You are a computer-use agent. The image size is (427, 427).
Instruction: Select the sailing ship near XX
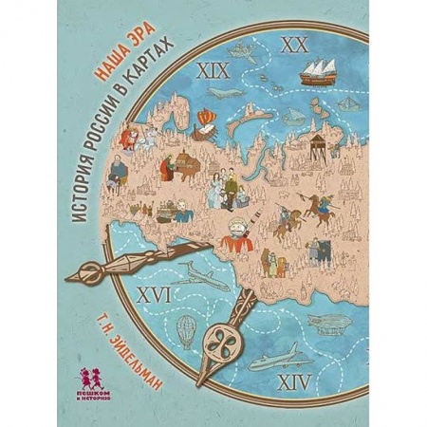point(319,68)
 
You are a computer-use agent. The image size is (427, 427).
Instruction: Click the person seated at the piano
point(172,168)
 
